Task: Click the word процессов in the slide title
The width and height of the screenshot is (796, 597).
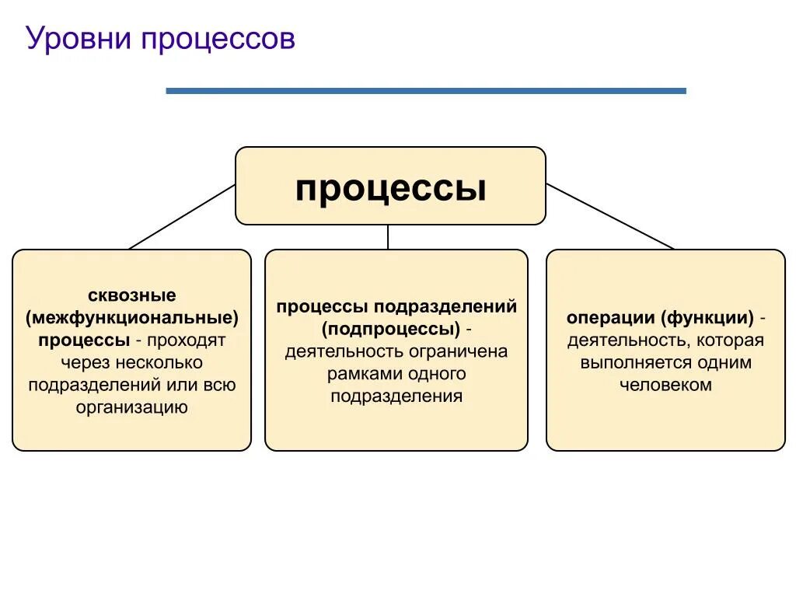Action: tap(218, 39)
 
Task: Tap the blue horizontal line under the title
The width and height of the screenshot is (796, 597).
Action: tap(426, 91)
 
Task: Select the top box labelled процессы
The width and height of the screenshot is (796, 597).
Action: tap(390, 187)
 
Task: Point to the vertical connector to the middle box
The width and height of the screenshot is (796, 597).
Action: tap(388, 237)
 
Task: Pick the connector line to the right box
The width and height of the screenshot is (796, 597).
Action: tap(610, 217)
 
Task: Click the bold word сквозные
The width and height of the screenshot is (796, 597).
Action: tap(132, 295)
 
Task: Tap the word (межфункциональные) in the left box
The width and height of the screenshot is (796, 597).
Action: tap(132, 318)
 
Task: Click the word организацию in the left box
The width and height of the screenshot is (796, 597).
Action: tap(132, 407)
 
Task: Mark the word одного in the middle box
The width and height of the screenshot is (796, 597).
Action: tap(437, 374)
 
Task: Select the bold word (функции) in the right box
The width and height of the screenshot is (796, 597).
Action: tap(708, 318)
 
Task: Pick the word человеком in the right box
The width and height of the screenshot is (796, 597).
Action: tap(665, 385)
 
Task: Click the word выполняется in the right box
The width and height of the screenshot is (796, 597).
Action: tap(631, 362)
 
